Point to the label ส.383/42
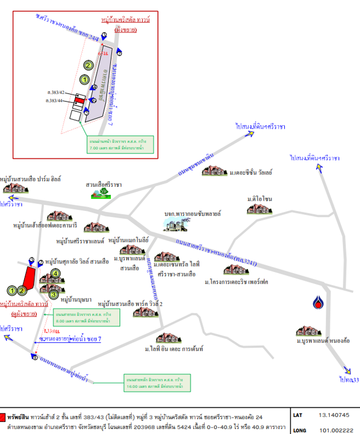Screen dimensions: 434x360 (x=55, y=93)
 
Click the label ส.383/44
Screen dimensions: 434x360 (x=55, y=101)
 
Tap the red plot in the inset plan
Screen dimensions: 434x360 (x=78, y=101)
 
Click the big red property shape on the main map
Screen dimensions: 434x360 (x=30, y=277)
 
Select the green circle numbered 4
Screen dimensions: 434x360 (x=55, y=274)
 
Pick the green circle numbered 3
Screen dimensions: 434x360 (x=54, y=294)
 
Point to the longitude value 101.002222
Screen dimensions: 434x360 (x=333, y=429)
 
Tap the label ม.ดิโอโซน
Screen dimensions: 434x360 (x=260, y=200)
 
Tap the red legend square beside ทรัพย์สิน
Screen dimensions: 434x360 (x=4, y=417)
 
